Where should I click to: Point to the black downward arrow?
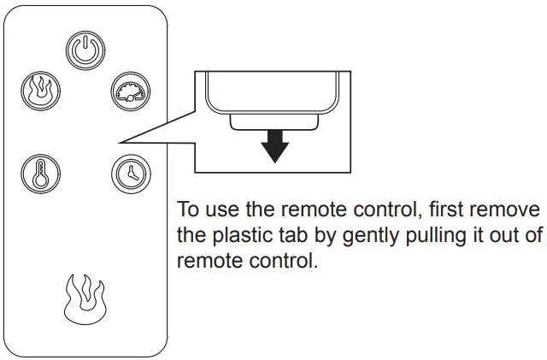(274, 147)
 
